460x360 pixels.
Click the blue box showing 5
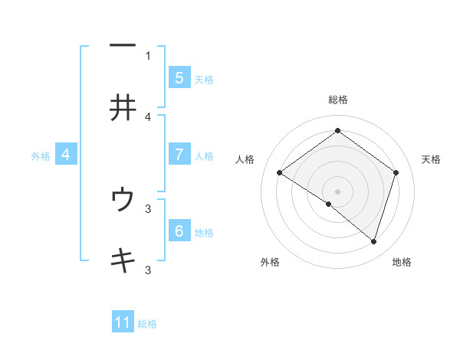point(179,77)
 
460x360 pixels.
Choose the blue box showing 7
point(179,155)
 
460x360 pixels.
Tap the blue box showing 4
point(66,155)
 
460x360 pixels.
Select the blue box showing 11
point(123,322)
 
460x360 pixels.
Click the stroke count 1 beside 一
point(149,55)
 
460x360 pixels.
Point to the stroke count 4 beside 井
point(149,117)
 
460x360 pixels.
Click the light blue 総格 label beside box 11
point(147,324)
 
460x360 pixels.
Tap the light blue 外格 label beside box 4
point(41,156)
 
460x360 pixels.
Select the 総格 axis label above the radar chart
point(338,100)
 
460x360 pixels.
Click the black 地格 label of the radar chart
point(402,263)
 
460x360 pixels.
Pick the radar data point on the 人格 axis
point(280,173)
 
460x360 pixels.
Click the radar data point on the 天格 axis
point(396,173)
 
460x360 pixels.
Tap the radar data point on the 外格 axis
point(329,205)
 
